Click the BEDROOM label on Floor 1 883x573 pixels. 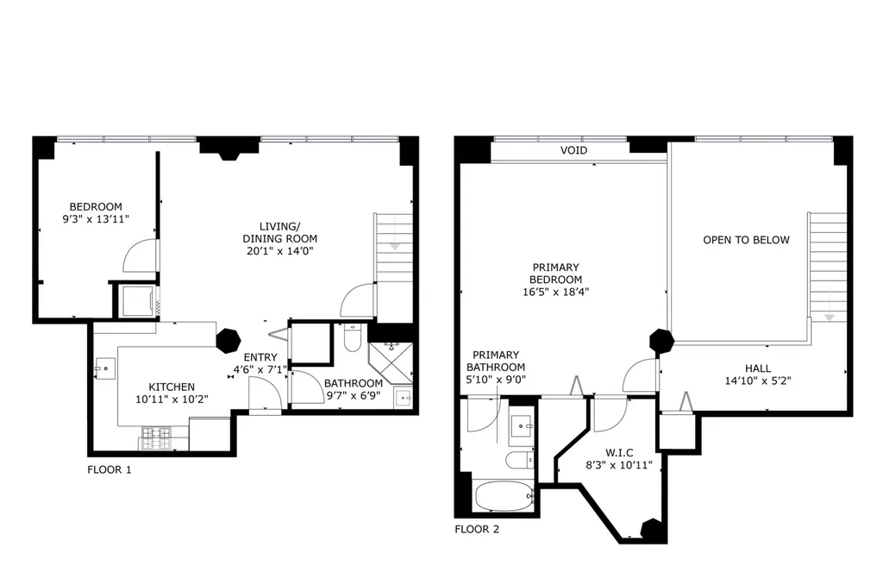96,207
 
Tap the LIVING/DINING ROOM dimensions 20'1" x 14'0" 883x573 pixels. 280,251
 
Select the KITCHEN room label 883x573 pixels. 172,387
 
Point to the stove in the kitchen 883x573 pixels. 156,438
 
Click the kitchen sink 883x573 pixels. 104,368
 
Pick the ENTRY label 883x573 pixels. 260,357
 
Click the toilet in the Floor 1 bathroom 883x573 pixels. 353,337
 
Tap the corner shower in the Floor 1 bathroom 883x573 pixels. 391,362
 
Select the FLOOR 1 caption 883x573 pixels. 110,470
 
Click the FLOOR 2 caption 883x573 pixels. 477,530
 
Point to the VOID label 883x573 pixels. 573,150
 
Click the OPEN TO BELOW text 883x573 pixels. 746,240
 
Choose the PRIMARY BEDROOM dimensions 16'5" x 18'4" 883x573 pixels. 556,292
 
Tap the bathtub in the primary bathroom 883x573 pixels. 504,496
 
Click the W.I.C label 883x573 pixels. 619,453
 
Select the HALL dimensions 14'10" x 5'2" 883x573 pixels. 758,381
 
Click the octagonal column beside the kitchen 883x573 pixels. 229,340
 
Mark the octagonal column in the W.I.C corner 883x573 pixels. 653,530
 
